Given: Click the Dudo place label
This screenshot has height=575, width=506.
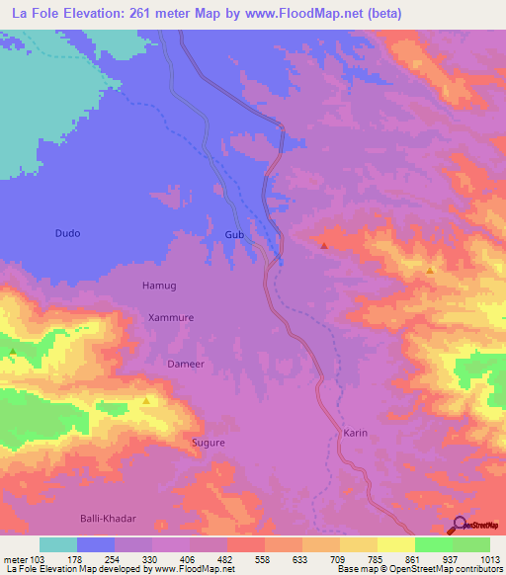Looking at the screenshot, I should pyautogui.click(x=67, y=233).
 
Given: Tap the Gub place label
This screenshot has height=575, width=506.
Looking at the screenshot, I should pyautogui.click(x=234, y=234).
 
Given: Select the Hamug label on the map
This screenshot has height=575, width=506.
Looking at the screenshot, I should pyautogui.click(x=159, y=286).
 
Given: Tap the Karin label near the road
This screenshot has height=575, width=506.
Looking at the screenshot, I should pyautogui.click(x=356, y=433).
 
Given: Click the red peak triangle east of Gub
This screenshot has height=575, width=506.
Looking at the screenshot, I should pyautogui.click(x=325, y=244).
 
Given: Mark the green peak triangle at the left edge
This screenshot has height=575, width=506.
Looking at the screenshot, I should pyautogui.click(x=13, y=351).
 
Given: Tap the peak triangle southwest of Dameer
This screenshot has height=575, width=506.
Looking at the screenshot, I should pyautogui.click(x=146, y=401).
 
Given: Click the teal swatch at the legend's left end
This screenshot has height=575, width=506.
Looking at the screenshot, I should pyautogui.click(x=58, y=544).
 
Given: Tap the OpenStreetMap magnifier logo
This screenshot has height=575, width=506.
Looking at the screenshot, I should pyautogui.click(x=459, y=525).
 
